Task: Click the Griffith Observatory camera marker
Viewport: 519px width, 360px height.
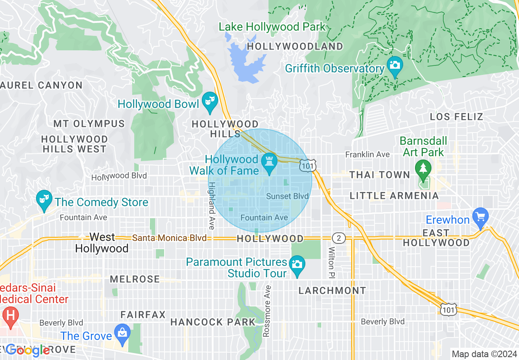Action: pos(395,65)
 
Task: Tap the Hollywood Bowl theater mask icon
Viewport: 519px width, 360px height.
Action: pos(210,101)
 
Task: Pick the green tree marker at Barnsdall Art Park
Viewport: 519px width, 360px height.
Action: pos(422,168)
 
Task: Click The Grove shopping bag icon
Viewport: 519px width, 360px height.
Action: pos(122,332)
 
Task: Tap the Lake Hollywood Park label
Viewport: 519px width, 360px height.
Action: pos(272,27)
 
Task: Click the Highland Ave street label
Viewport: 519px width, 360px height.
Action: pos(212,205)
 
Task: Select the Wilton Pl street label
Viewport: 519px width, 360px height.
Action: pos(331,262)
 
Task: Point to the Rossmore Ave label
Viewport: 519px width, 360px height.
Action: pos(267,311)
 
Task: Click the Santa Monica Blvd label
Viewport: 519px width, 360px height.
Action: pos(169,238)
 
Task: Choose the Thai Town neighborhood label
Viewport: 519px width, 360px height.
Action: pos(379,175)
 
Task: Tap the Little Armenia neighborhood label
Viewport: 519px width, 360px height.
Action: pos(394,196)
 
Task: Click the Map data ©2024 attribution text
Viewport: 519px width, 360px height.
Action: pos(484,354)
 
